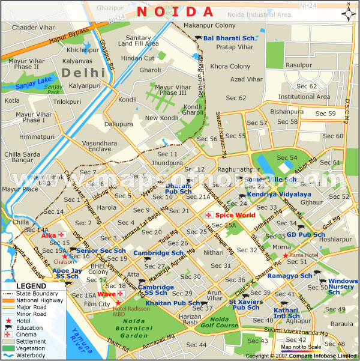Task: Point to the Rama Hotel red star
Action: point(286,255)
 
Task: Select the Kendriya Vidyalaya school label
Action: point(279,195)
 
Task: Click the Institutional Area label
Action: point(304,97)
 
